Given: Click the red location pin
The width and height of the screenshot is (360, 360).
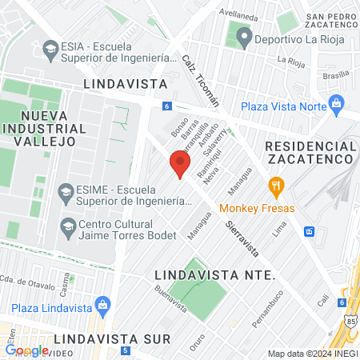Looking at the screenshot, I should (x=180, y=166).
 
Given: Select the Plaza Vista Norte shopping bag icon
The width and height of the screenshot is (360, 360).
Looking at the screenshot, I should (x=336, y=103).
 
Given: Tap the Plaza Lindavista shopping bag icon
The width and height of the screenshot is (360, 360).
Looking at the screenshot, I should (x=102, y=305).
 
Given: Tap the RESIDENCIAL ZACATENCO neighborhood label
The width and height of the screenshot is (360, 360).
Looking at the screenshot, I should (x=310, y=153).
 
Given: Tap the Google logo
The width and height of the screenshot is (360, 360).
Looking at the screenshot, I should (x=26, y=350).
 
